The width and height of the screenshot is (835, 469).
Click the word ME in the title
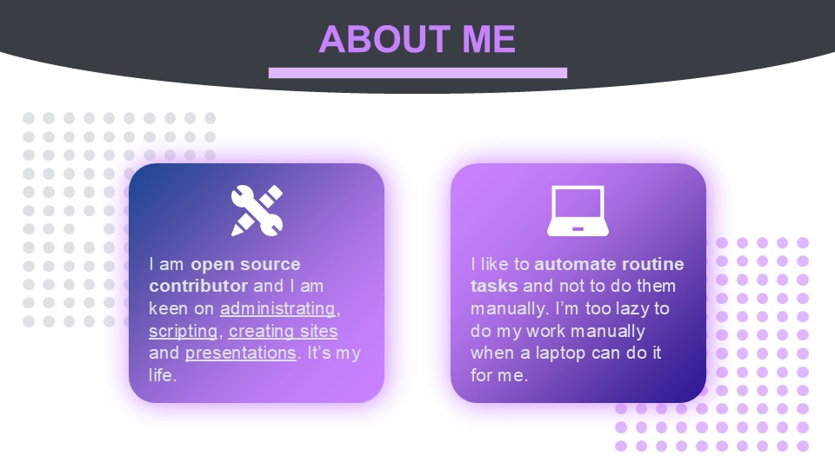point(489,39)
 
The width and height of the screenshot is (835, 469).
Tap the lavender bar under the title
point(418,73)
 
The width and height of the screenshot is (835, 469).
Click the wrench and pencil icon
point(257,210)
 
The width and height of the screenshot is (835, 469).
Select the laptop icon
point(578,210)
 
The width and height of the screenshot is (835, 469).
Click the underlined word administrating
point(277,309)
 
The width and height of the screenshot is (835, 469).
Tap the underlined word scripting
point(184,331)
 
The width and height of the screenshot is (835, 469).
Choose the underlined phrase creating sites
point(284,331)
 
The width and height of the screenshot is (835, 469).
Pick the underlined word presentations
point(241,353)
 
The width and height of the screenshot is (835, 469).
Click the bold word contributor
point(198,286)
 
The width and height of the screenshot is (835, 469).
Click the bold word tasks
point(494,286)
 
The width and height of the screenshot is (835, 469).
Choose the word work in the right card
point(546,331)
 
